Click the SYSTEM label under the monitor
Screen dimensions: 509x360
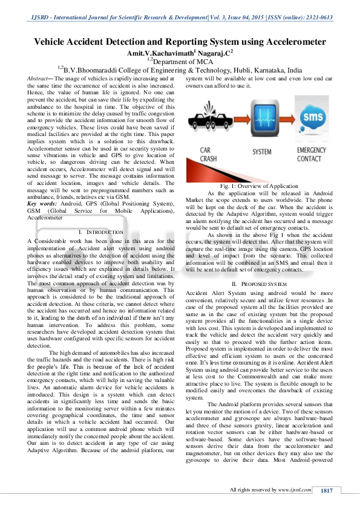click(x=261, y=151)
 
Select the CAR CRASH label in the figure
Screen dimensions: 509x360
click(x=211, y=155)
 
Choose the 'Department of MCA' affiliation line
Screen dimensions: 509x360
click(x=184, y=62)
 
